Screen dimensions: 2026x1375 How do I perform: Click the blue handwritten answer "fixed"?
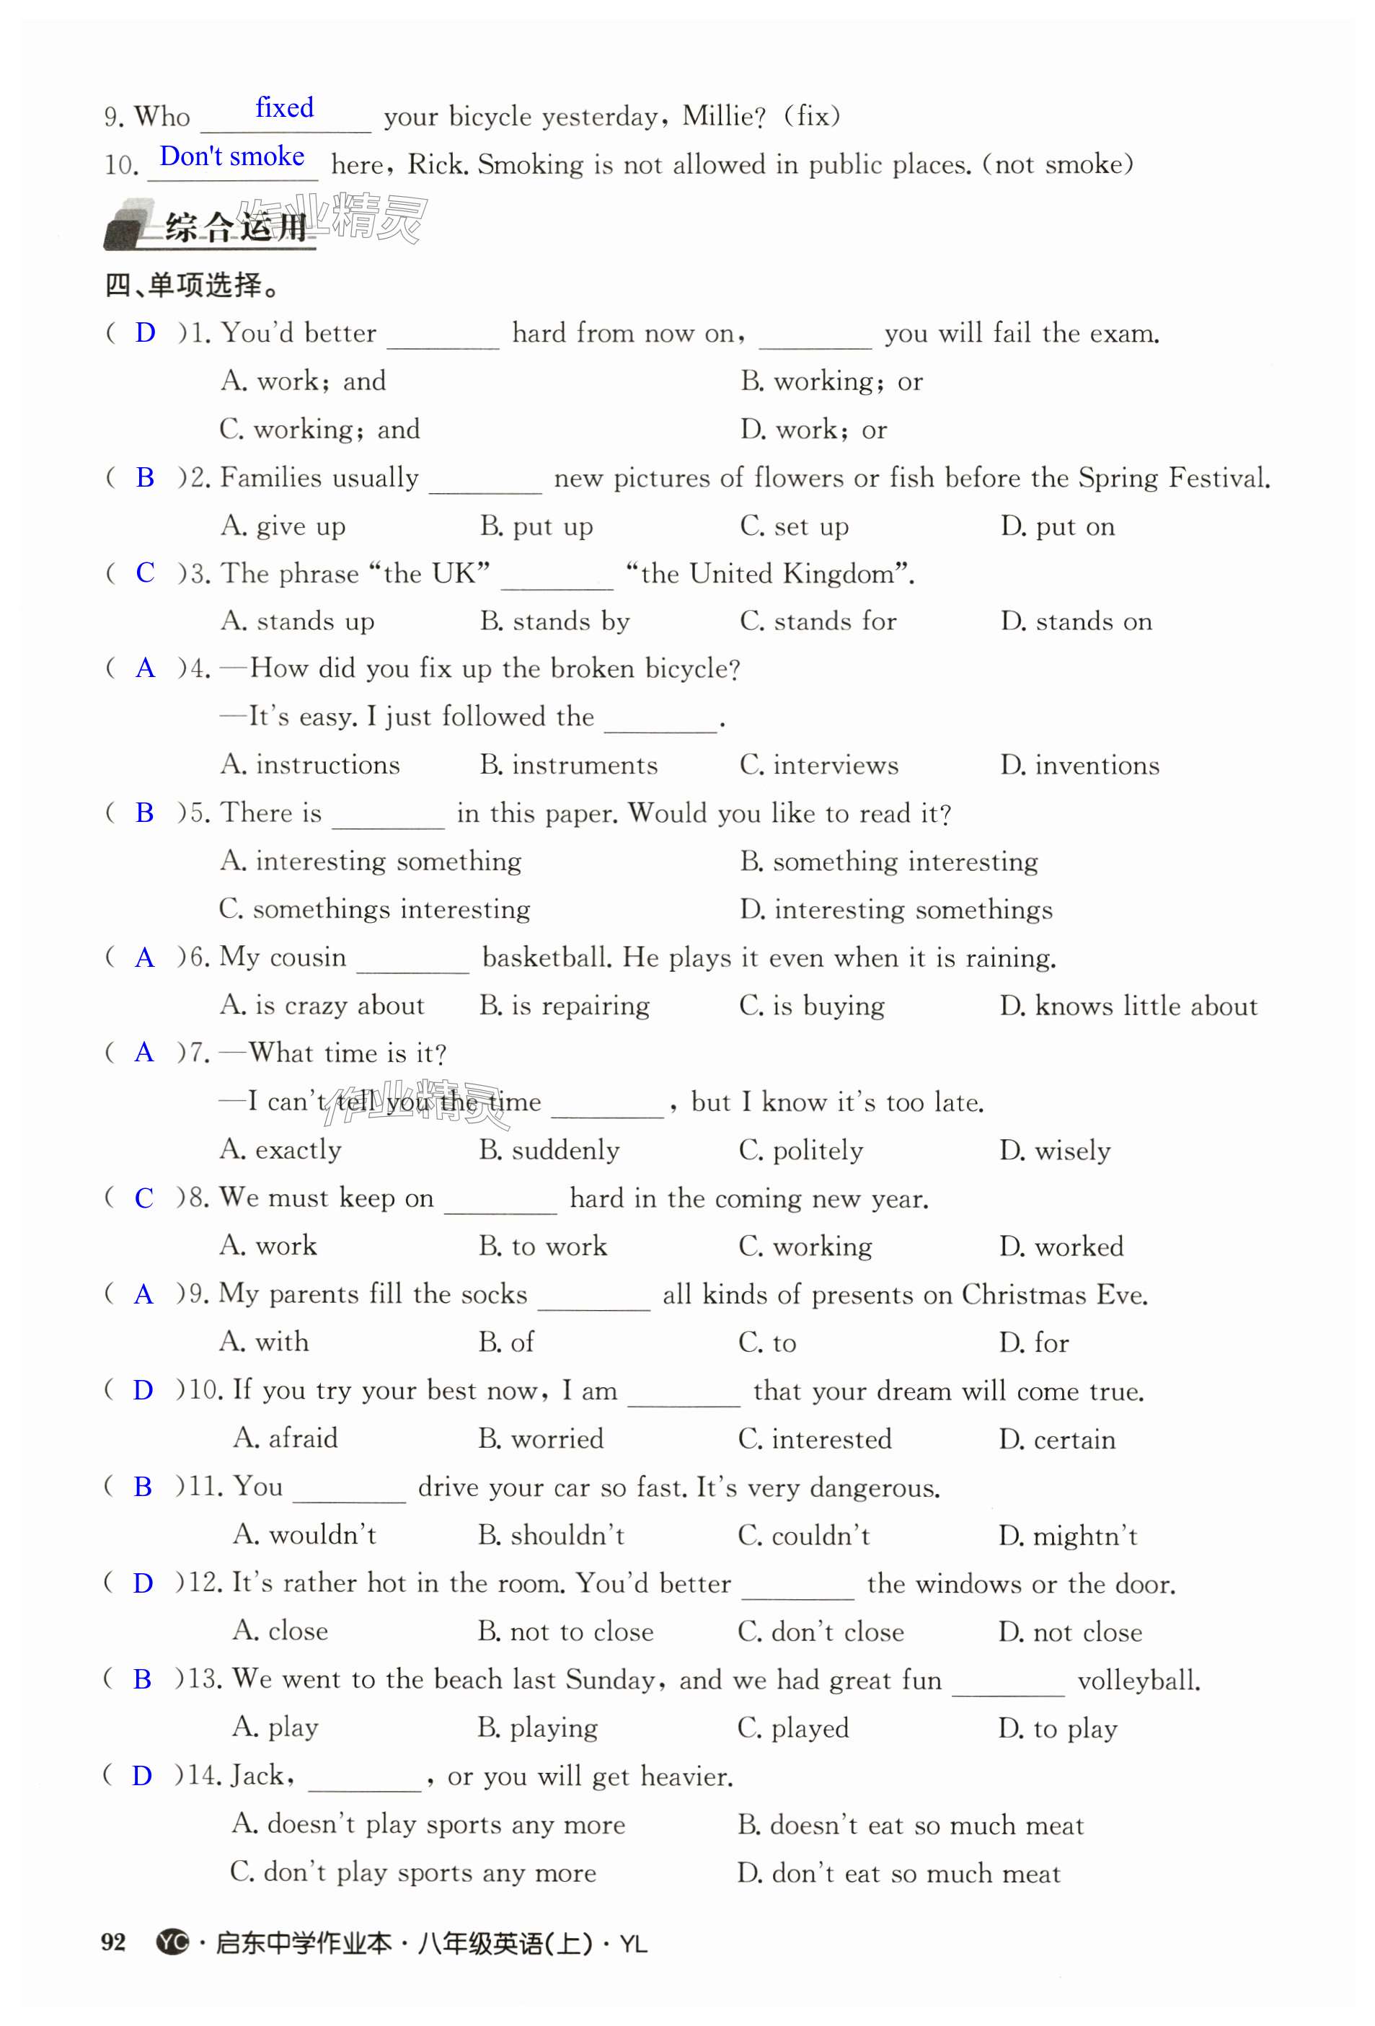pyautogui.click(x=284, y=108)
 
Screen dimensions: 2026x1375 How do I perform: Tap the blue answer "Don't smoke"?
pyautogui.click(x=232, y=157)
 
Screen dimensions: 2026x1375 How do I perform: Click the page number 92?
pyautogui.click(x=113, y=1942)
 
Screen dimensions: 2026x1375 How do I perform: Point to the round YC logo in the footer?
pyautogui.click(x=172, y=1942)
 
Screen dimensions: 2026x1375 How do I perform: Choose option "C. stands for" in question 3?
pyautogui.click(x=817, y=621)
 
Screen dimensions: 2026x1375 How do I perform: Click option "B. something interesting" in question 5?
pyautogui.click(x=888, y=862)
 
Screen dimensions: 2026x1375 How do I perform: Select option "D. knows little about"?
pyautogui.click(x=1128, y=1006)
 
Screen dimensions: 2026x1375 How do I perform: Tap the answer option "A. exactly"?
pyautogui.click(x=280, y=1150)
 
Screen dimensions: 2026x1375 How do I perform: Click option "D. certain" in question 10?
pyautogui.click(x=1057, y=1438)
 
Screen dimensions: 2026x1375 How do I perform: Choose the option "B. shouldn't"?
pyautogui.click(x=551, y=1535)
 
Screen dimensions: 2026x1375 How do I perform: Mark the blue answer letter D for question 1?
pyautogui.click(x=145, y=332)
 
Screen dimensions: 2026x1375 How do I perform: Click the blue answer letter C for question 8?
pyautogui.click(x=144, y=1198)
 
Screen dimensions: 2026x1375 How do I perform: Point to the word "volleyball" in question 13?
pyautogui.click(x=1138, y=1680)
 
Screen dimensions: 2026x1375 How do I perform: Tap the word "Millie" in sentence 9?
pyautogui.click(x=720, y=116)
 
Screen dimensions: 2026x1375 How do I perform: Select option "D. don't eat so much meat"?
pyautogui.click(x=898, y=1872)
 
